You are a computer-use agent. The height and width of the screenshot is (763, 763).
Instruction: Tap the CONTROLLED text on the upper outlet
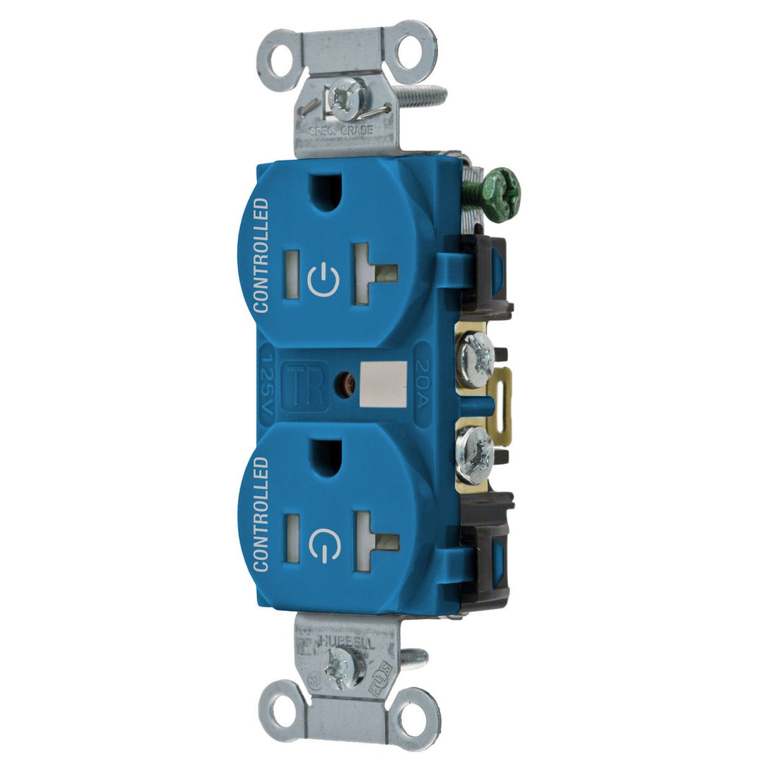(261, 255)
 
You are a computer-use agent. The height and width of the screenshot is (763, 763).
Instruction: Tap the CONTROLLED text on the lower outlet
(261, 514)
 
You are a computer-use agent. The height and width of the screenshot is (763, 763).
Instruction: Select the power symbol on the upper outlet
(324, 279)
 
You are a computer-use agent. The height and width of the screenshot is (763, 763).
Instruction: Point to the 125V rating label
(268, 386)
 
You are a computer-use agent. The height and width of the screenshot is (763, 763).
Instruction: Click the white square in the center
(384, 384)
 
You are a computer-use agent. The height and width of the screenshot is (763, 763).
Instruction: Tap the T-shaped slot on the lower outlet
(374, 541)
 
